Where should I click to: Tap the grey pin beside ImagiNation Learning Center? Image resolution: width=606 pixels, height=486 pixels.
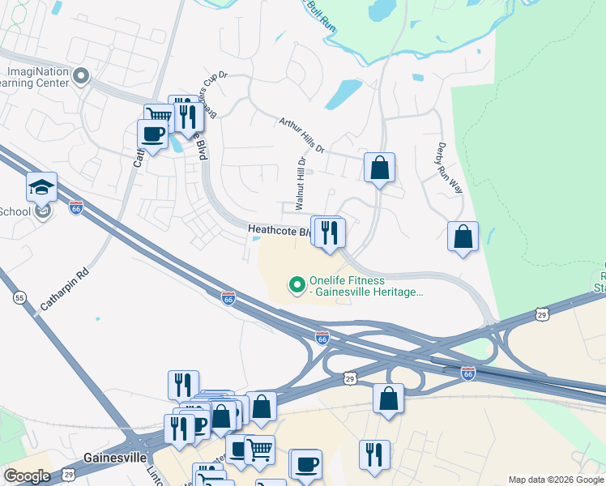(x=80, y=77)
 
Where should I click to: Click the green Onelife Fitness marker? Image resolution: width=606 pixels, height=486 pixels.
(x=297, y=284)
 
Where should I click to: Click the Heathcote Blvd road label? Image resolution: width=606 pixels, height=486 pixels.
(x=279, y=232)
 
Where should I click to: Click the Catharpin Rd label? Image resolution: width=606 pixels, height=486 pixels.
(x=63, y=290)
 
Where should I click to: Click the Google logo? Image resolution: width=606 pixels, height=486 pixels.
(x=27, y=476)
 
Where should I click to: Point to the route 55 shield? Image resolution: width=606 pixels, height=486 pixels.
(x=19, y=298)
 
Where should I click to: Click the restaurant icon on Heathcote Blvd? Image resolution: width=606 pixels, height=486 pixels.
(x=330, y=234)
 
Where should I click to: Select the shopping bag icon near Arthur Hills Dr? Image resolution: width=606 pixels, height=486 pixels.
(x=379, y=168)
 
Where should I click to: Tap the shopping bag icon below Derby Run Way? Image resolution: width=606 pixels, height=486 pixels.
(x=463, y=237)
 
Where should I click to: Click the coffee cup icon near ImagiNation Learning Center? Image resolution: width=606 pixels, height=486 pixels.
(x=152, y=134)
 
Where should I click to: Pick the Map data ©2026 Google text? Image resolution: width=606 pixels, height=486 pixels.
(x=556, y=480)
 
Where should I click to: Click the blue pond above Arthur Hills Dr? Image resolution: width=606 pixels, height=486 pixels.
(x=344, y=94)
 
